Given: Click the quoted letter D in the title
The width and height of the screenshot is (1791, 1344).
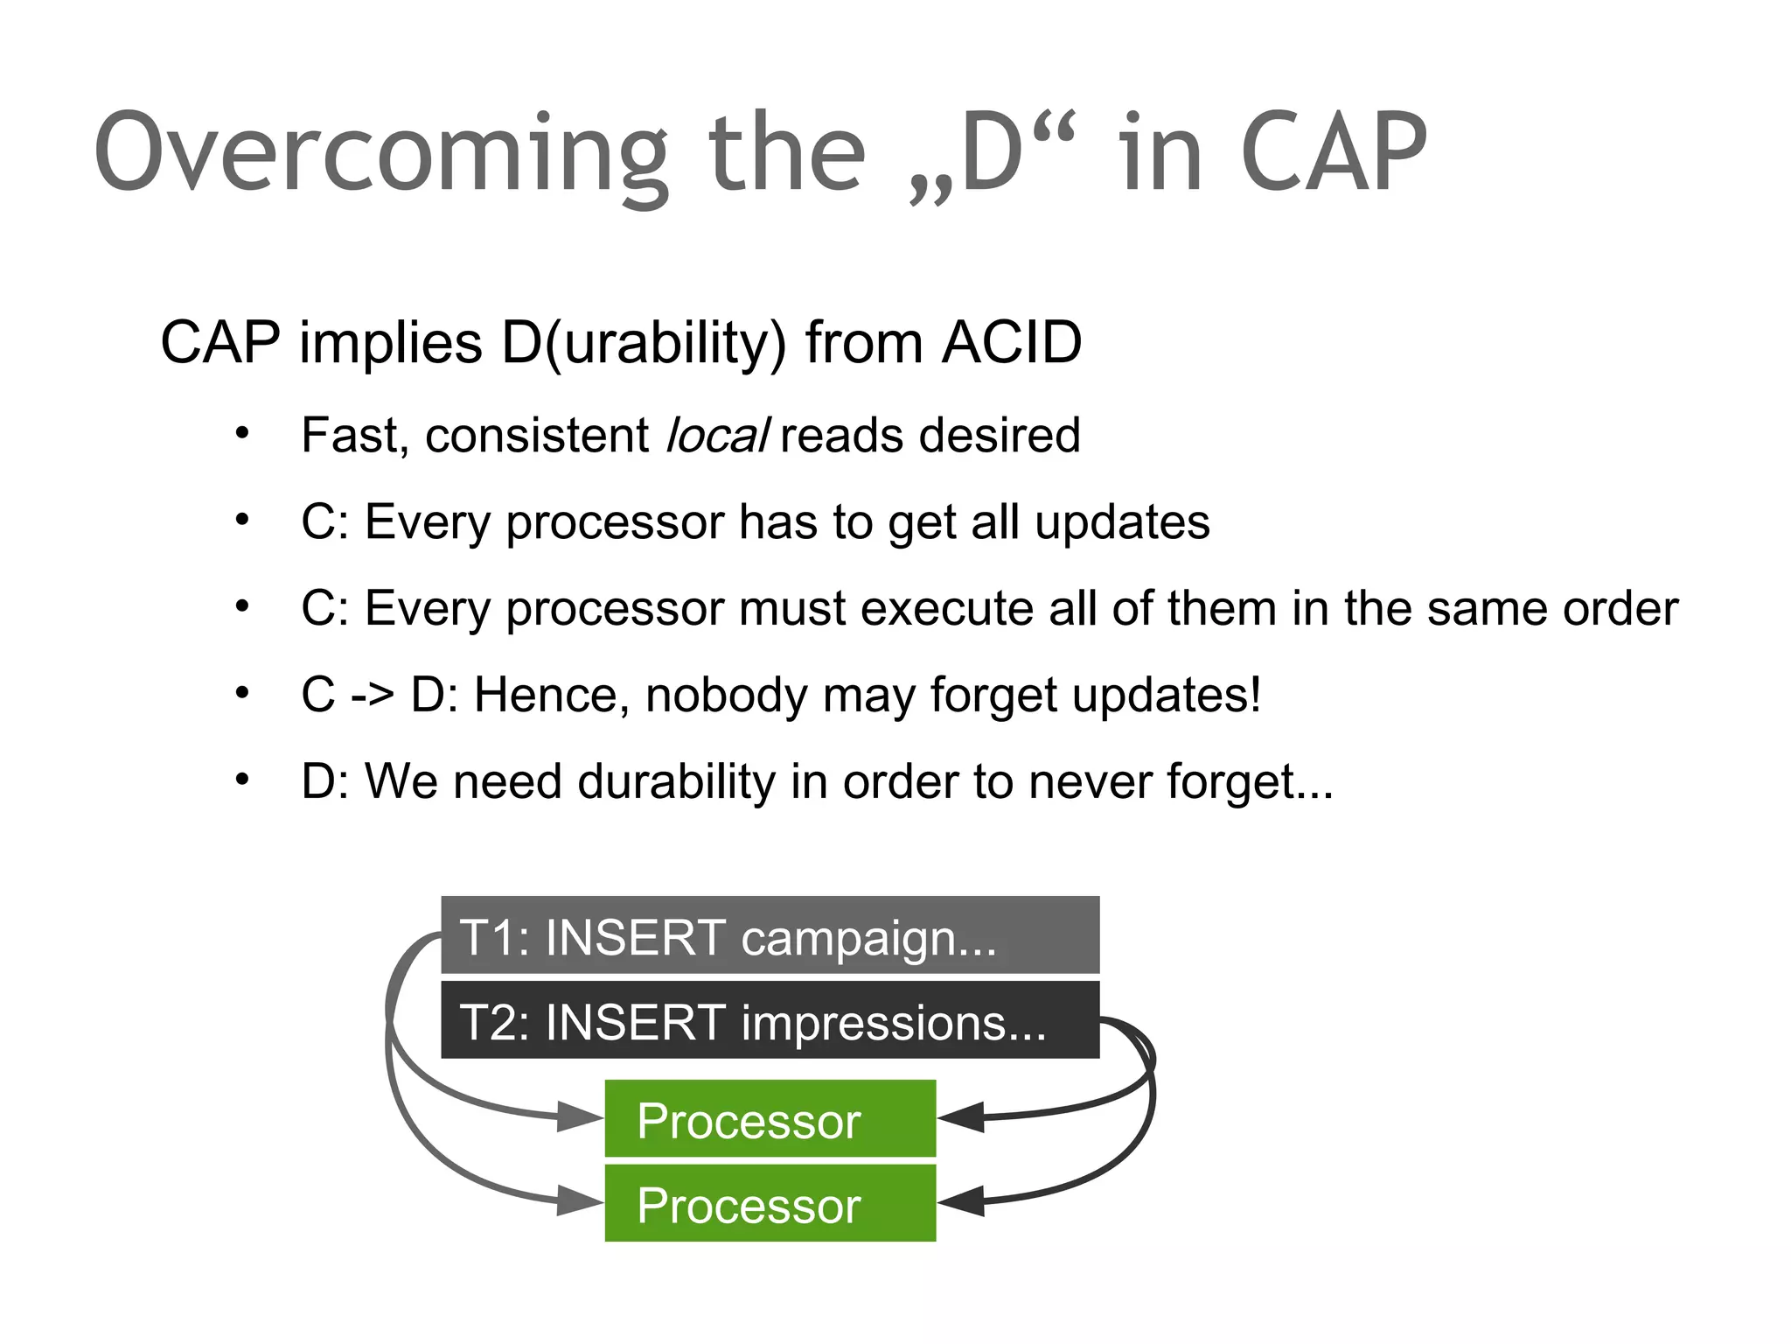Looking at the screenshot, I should [992, 154].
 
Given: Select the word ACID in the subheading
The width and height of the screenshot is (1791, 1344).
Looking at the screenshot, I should [1012, 342].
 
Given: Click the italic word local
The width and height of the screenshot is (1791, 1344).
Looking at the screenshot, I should [717, 436].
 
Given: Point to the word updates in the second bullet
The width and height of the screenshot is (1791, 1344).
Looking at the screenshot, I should [1122, 522].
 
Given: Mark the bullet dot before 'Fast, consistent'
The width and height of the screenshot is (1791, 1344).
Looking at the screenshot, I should [242, 433].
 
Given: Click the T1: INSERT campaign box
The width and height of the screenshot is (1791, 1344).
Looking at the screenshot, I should [770, 935].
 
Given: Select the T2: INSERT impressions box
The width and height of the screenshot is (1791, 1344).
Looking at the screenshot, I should [770, 1020].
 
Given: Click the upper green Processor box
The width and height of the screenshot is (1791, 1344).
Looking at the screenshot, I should [770, 1119].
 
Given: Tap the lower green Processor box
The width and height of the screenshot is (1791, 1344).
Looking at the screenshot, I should [770, 1203].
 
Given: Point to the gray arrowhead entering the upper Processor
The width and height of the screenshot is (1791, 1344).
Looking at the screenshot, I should [581, 1117].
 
